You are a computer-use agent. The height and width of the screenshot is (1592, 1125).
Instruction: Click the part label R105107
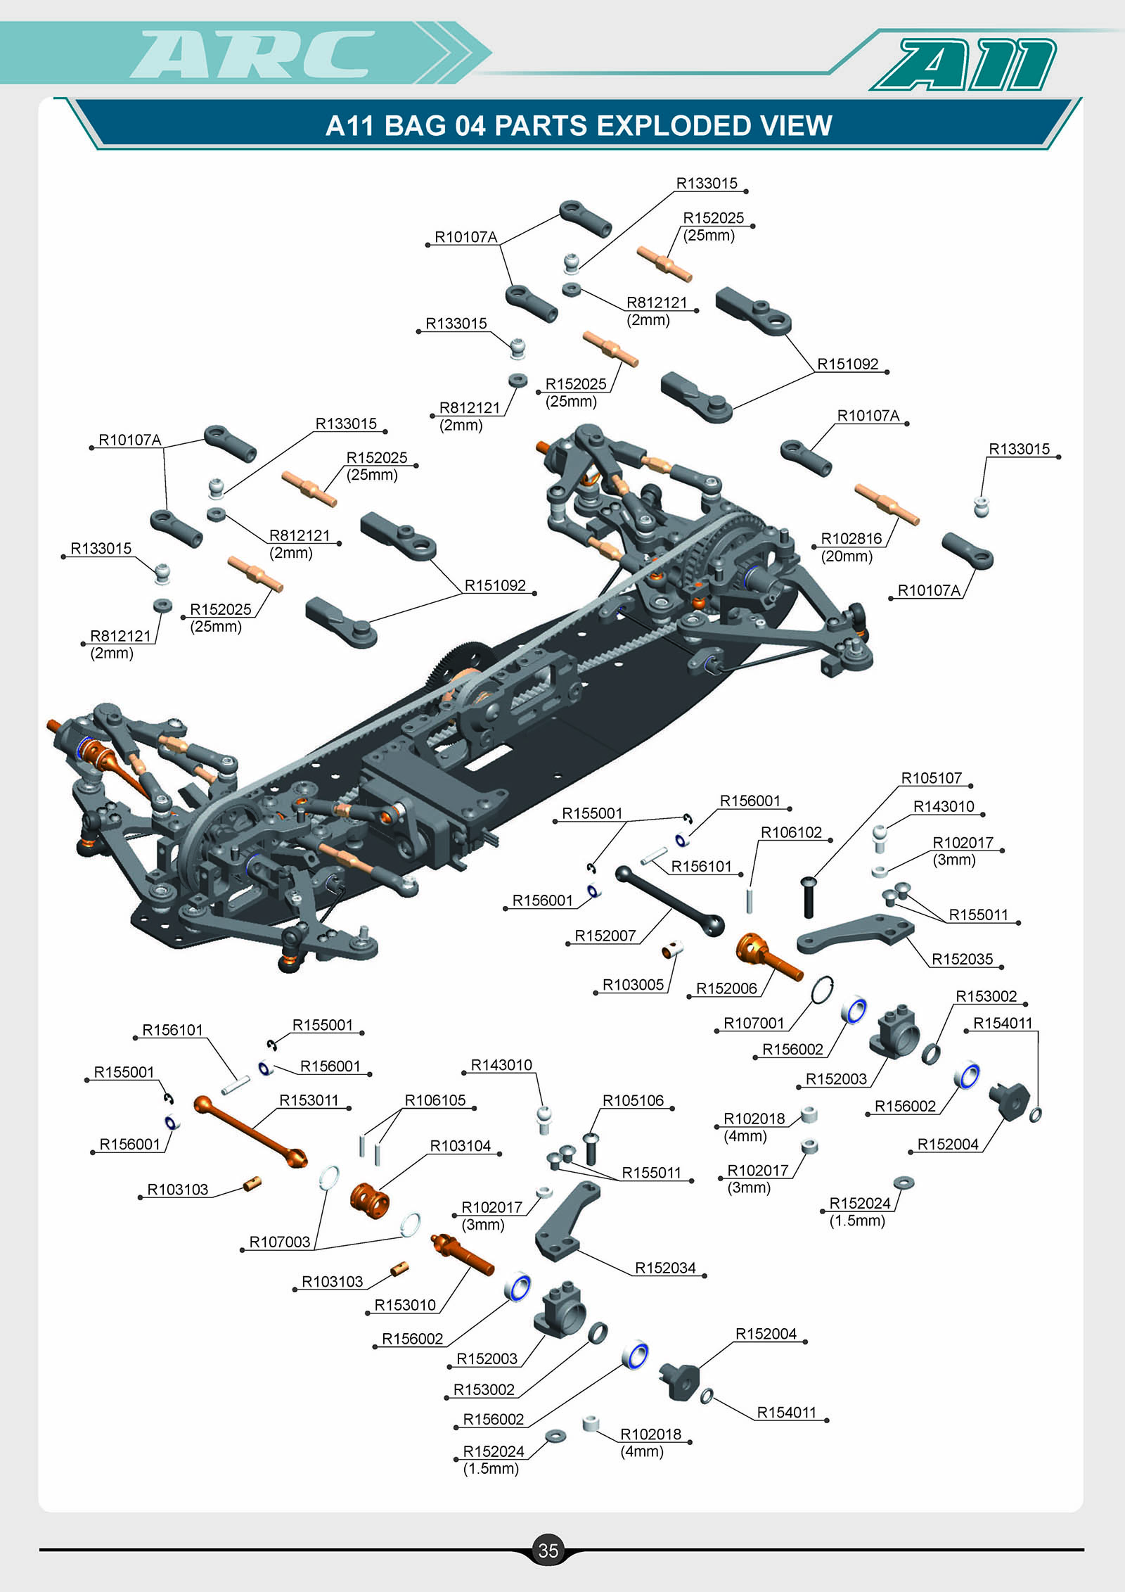931,778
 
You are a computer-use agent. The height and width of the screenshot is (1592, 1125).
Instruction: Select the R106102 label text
791,832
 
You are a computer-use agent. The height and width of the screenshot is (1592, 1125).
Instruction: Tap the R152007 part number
605,936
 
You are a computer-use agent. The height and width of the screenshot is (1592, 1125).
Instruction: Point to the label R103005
633,985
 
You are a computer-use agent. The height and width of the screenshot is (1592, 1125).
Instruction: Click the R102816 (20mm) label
851,547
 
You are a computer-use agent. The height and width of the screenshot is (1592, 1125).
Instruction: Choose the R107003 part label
280,1242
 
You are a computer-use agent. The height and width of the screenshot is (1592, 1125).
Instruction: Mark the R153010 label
405,1305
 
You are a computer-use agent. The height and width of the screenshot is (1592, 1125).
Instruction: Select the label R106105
435,1100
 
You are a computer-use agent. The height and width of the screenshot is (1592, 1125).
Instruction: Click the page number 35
548,1550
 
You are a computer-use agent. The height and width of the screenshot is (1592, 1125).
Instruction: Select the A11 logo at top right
965,64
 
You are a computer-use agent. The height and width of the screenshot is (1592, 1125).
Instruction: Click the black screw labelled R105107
809,898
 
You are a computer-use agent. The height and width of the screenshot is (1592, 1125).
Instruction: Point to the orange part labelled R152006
768,957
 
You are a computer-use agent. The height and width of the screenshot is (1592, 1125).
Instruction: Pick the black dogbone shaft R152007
669,901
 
